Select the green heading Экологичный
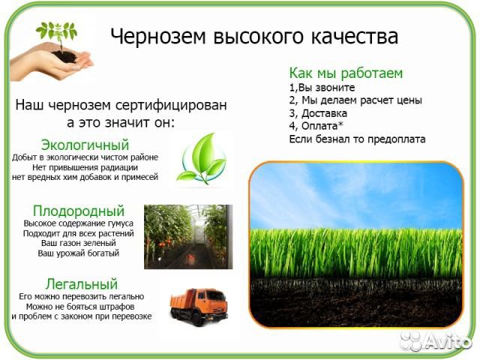click(x=85, y=145)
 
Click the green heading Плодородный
click(x=79, y=211)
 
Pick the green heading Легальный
click(x=82, y=284)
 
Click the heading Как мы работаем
click(x=346, y=73)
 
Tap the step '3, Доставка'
click(x=318, y=113)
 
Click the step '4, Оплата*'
click(x=316, y=126)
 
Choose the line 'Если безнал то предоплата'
click(x=357, y=139)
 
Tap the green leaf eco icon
click(x=201, y=158)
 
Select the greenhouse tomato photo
click(x=188, y=236)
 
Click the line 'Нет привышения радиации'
click(x=85, y=167)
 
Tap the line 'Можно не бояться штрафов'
click(x=81, y=307)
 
